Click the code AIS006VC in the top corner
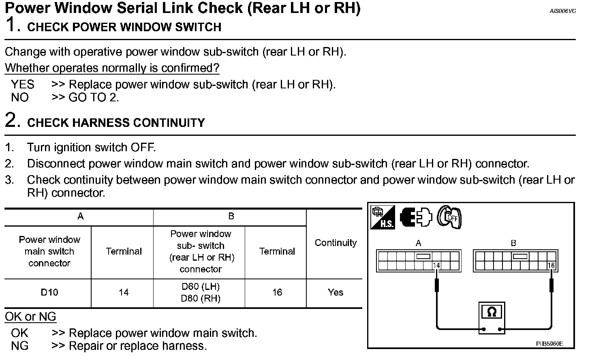[562, 11]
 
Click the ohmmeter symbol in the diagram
[492, 311]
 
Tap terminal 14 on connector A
[436, 266]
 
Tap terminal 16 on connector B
[551, 266]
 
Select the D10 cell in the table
[49, 292]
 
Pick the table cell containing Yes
[335, 292]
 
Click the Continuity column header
[336, 243]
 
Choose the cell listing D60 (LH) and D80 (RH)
[201, 292]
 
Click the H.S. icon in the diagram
[383, 217]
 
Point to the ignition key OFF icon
[449, 217]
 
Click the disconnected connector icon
[416, 217]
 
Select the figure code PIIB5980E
[549, 344]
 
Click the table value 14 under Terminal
[124, 292]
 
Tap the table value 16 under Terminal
[277, 292]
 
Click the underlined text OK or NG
[30, 317]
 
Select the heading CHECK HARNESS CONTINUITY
[116, 123]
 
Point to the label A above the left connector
[419, 243]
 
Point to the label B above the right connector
[513, 243]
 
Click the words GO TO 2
[94, 97]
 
